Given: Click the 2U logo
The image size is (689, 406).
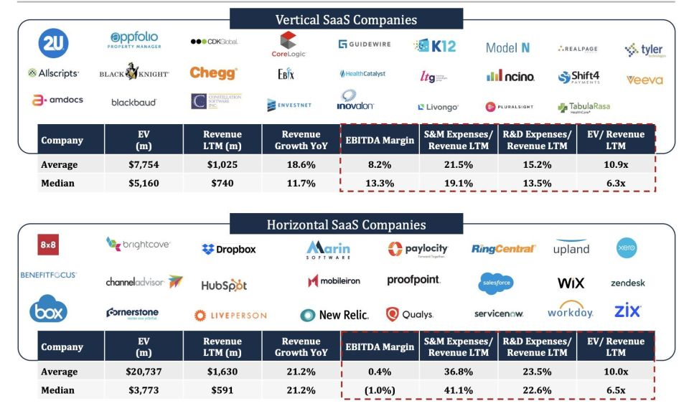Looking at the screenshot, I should pyautogui.click(x=53, y=44).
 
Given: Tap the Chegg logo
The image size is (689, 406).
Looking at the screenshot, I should pyautogui.click(x=213, y=73).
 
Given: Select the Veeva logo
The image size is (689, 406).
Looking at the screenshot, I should pyautogui.click(x=644, y=80).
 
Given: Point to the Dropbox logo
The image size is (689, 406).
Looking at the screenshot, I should pyautogui.click(x=229, y=249).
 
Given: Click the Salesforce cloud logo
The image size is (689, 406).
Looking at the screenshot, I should pyautogui.click(x=495, y=284).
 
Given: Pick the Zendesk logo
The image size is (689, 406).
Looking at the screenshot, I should pyautogui.click(x=627, y=283).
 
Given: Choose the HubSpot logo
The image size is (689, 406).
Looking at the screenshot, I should pyautogui.click(x=224, y=285).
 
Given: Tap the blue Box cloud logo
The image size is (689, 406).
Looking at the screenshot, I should pyautogui.click(x=48, y=309).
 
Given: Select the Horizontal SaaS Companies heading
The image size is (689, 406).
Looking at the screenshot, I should pyautogui.click(x=346, y=225).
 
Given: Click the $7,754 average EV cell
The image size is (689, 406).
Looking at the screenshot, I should pyautogui.click(x=144, y=165).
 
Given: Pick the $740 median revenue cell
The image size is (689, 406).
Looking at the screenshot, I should pyautogui.click(x=222, y=183).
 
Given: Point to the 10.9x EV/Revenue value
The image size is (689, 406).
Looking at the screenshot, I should pyautogui.click(x=615, y=165).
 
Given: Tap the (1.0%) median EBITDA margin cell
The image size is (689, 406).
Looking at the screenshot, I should pyautogui.click(x=379, y=390).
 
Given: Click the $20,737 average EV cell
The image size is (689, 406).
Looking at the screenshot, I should pyautogui.click(x=144, y=372).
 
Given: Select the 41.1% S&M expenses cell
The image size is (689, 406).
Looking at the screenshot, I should pyautogui.click(x=458, y=390).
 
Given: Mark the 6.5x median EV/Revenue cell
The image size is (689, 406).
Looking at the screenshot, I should pyautogui.click(x=615, y=390).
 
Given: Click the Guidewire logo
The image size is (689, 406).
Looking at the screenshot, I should pyautogui.click(x=365, y=44).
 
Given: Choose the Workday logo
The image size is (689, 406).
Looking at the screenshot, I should pyautogui.click(x=571, y=310).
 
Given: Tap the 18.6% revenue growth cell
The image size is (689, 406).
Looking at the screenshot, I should pyautogui.click(x=301, y=165).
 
